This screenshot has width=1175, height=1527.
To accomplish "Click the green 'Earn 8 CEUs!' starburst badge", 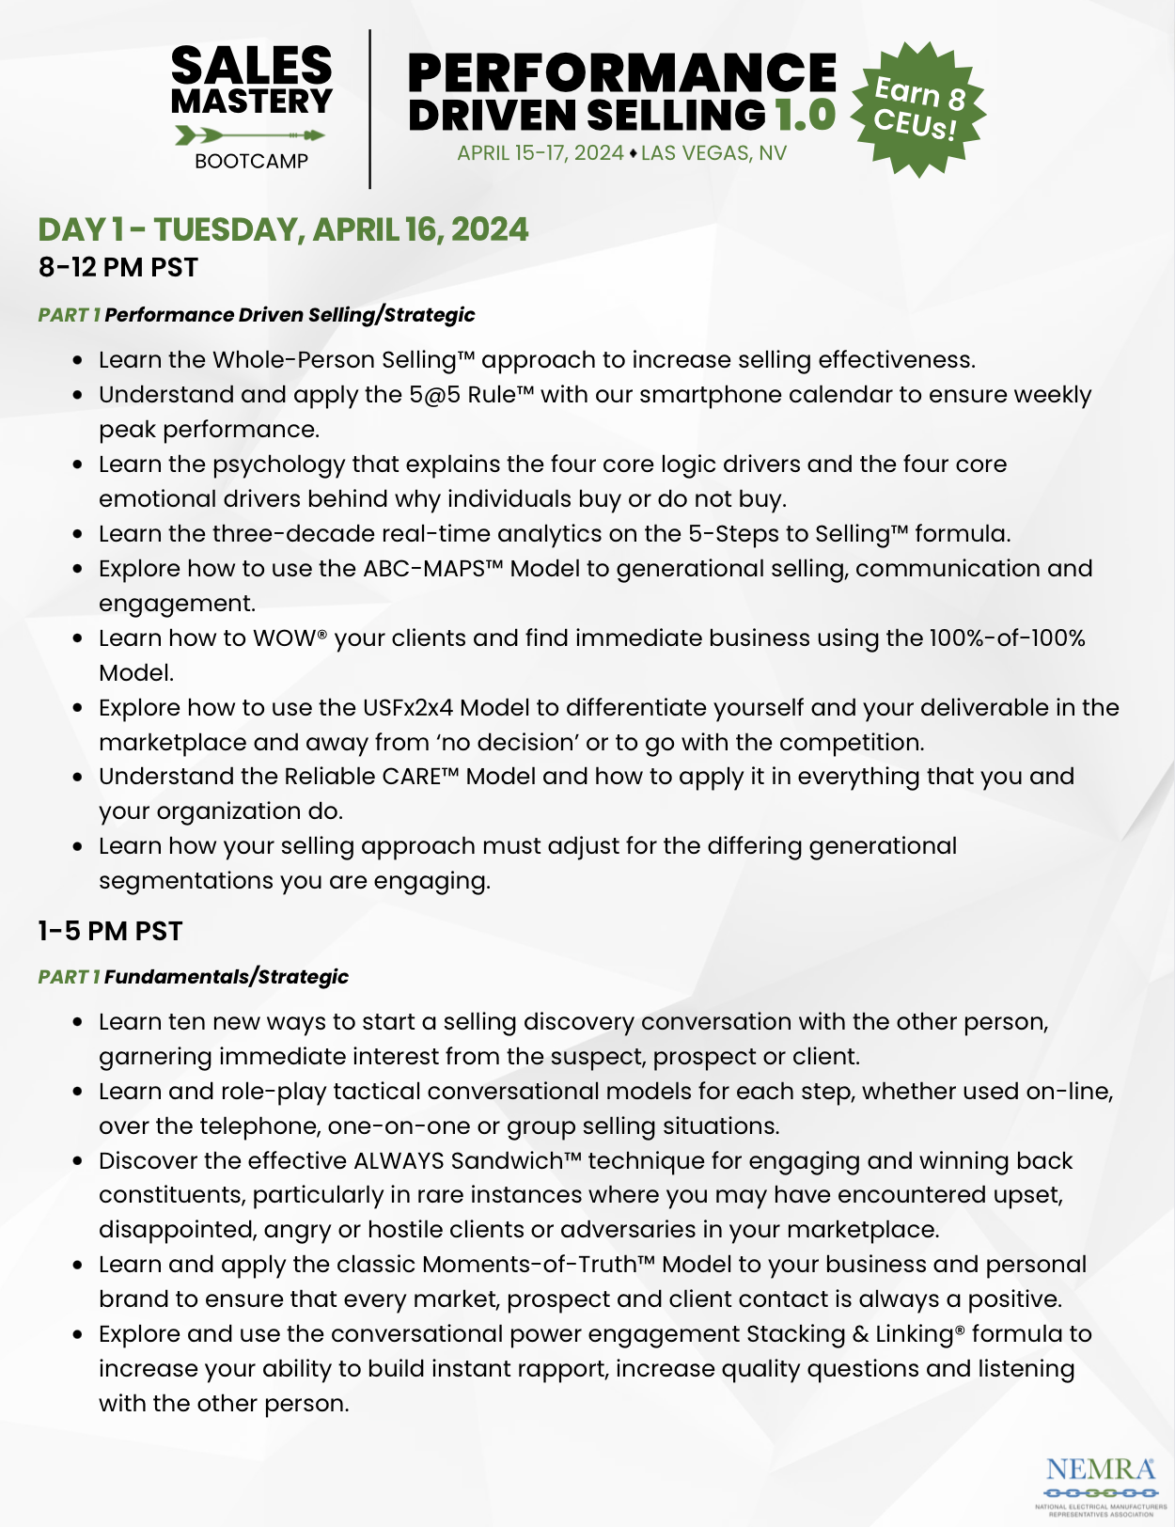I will (x=917, y=109).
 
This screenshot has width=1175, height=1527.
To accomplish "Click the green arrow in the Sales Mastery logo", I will (x=250, y=136).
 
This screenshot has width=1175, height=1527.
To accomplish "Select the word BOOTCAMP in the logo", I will (x=251, y=162).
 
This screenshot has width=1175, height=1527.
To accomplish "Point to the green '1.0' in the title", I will (x=806, y=116).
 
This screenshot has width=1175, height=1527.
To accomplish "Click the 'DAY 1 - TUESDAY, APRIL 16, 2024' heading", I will (x=283, y=230).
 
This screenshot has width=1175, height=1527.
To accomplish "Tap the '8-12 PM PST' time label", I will (x=118, y=268).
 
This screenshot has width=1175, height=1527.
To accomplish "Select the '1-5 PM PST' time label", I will (x=110, y=932).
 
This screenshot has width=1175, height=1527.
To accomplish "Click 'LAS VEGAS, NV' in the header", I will (x=713, y=153).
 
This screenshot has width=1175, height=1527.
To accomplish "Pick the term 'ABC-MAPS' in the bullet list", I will (x=423, y=569).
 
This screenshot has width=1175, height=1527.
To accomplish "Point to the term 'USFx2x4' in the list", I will (x=407, y=708).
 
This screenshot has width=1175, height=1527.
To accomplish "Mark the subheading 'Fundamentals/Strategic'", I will (x=226, y=977).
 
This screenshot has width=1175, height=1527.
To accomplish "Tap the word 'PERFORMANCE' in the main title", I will (x=621, y=73).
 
